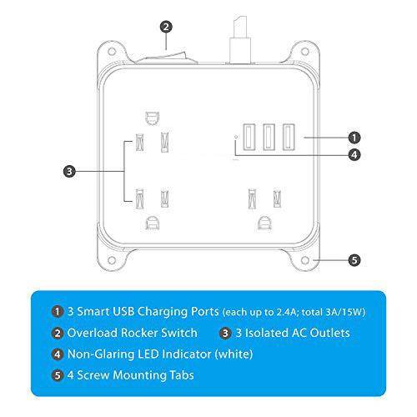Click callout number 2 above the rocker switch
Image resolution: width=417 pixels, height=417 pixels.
pos(167,26)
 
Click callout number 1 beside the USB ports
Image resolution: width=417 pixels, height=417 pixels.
pos(354,137)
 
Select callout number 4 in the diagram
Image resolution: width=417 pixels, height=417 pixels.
pos(354,154)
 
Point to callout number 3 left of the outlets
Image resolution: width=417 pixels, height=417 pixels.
pos(70,172)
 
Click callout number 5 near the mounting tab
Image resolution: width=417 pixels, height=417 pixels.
pos(354,260)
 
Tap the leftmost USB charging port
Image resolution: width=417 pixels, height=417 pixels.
pos(250,136)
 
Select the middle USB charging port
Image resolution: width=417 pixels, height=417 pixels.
pos(268,136)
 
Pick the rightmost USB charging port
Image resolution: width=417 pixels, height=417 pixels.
pos(287,136)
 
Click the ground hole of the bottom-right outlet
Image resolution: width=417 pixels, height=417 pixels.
pos(265,223)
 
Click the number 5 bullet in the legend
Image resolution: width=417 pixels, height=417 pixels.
pos(58,375)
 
